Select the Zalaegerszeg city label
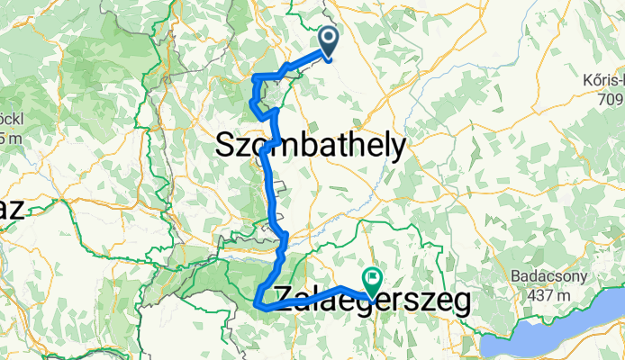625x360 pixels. pyautogui.click(x=371, y=301)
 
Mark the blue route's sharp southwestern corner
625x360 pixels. pyautogui.click(x=258, y=305)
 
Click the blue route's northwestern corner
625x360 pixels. pyautogui.click(x=257, y=76)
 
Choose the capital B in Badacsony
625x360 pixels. pyautogui.click(x=514, y=276)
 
